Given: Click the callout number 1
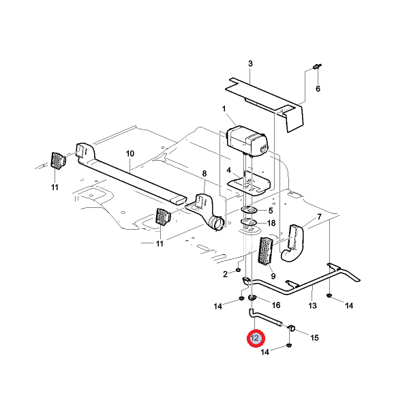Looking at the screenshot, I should pyautogui.click(x=224, y=109).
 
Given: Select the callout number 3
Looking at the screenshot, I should pyautogui.click(x=250, y=64).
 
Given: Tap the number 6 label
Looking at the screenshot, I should pyautogui.click(x=317, y=89).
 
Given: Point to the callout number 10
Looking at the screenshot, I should pyautogui.click(x=130, y=154).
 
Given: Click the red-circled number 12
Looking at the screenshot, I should pyautogui.click(x=255, y=338).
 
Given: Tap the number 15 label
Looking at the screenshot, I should pyautogui.click(x=314, y=337).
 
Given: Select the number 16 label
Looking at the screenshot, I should pyautogui.click(x=276, y=305).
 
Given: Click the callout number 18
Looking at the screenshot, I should pyautogui.click(x=271, y=223).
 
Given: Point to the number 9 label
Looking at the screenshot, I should pyautogui.click(x=272, y=276).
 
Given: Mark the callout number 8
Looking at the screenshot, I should pyautogui.click(x=202, y=174).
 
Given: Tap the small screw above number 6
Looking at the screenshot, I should pyautogui.click(x=317, y=67).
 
